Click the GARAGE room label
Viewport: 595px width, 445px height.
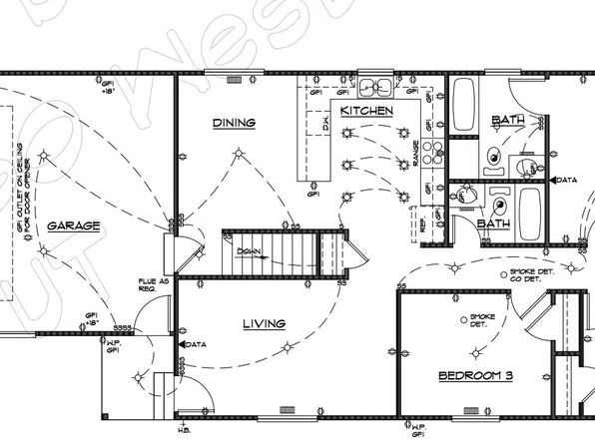(74, 226)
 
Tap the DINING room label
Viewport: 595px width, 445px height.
(235, 124)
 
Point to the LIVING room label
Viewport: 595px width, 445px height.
(264, 323)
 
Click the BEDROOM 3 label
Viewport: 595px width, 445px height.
(475, 376)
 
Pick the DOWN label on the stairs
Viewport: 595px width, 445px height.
(251, 252)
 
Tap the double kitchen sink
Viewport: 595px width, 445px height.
(376, 87)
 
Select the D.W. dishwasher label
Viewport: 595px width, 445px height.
(325, 125)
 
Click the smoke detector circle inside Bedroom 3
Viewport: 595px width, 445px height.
(461, 318)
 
